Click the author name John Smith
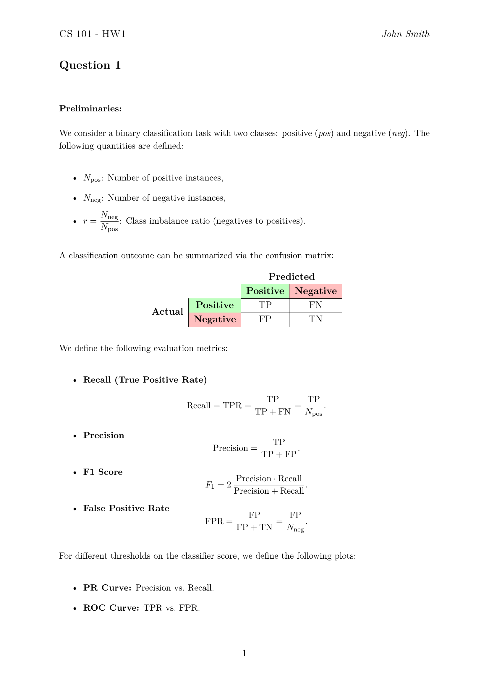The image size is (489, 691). pyautogui.click(x=405, y=34)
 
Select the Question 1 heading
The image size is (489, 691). pyautogui.click(x=90, y=65)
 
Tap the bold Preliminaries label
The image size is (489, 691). pyautogui.click(x=90, y=108)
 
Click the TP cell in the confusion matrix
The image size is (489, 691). pyautogui.click(x=265, y=305)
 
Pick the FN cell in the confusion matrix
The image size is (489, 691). pyautogui.click(x=315, y=305)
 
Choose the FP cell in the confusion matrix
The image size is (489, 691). pyautogui.click(x=265, y=319)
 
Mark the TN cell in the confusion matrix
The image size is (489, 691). pyautogui.click(x=315, y=319)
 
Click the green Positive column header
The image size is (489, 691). pyautogui.click(x=265, y=291)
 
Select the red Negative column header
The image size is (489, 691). pyautogui.click(x=315, y=291)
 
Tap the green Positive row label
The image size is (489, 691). pyautogui.click(x=215, y=305)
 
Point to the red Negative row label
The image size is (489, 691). pyautogui.click(x=215, y=319)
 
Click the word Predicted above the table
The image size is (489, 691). pyautogui.click(x=291, y=277)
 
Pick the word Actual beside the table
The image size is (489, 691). pyautogui.click(x=167, y=311)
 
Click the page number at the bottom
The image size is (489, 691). pyautogui.click(x=244, y=653)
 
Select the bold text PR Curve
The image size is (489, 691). pyautogui.click(x=107, y=588)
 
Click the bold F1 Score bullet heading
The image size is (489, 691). pyautogui.click(x=103, y=472)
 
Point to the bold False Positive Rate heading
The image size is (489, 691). pyautogui.click(x=126, y=508)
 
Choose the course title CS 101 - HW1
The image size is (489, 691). pyautogui.click(x=93, y=34)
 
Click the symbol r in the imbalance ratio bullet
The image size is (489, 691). pyautogui.click(x=85, y=222)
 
